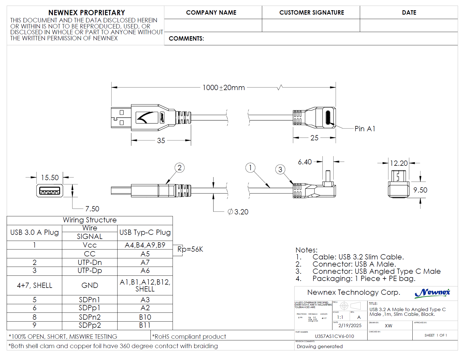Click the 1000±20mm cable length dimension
click(x=223, y=88)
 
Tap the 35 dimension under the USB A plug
click(x=161, y=141)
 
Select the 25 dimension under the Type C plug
click(x=314, y=138)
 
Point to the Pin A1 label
click(x=365, y=129)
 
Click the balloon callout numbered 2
click(x=179, y=168)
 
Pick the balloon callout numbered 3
click(x=280, y=169)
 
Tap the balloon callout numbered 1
click(x=250, y=167)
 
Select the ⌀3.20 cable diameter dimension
click(x=238, y=212)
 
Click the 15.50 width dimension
click(x=50, y=178)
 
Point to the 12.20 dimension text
click(x=399, y=163)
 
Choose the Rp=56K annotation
click(x=190, y=249)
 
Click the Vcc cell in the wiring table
click(x=90, y=245)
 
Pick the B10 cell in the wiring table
click(x=145, y=317)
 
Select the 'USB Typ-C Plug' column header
click(x=145, y=232)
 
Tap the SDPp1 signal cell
click(x=90, y=308)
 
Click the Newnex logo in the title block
click(x=432, y=293)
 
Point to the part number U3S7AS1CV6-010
click(x=334, y=336)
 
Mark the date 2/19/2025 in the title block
click(x=350, y=325)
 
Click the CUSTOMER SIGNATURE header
click(x=311, y=13)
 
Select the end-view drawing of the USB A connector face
click(x=50, y=191)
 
